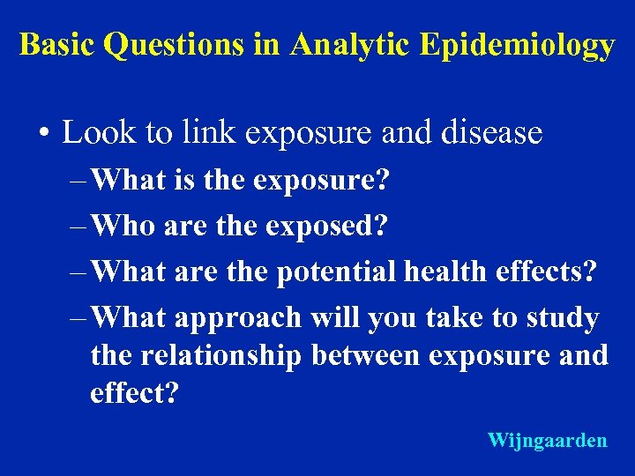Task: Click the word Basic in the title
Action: tap(57, 45)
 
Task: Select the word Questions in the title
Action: tap(175, 45)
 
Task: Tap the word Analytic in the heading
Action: tap(348, 45)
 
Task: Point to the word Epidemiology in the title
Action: tap(517, 46)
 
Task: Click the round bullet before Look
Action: tap(43, 134)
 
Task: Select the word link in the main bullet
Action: tap(203, 133)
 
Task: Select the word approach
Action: tap(238, 318)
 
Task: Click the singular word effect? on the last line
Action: tap(134, 392)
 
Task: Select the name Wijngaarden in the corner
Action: tap(547, 440)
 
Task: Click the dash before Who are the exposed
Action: tap(78, 225)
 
